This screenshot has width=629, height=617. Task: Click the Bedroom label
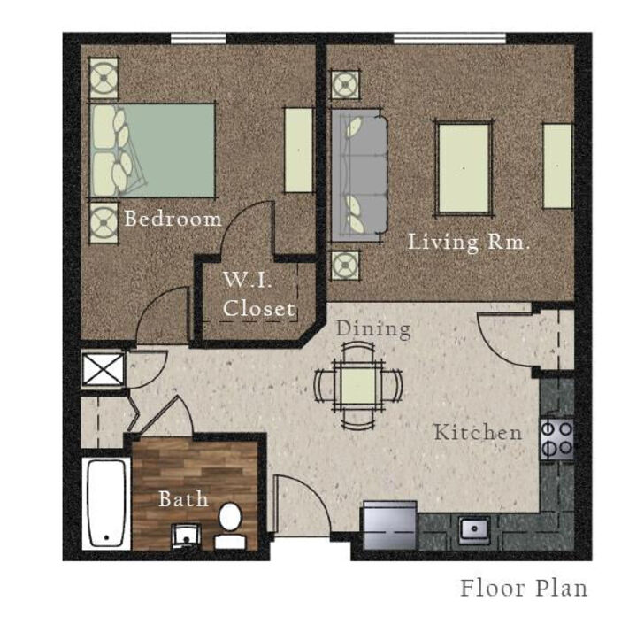coord(173,219)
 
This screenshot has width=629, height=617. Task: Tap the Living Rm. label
coord(469,242)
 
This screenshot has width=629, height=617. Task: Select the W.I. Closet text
coord(258,294)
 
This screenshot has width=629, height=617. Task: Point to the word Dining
coord(373,328)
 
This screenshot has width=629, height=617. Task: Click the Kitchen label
coord(479,432)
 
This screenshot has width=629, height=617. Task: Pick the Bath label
coord(183,499)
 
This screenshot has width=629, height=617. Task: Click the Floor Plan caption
coord(524,589)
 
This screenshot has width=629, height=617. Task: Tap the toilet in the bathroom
coord(230,526)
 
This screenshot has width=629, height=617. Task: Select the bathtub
coord(106,504)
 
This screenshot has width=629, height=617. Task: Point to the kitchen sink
coord(474,529)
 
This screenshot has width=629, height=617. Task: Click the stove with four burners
coord(556,440)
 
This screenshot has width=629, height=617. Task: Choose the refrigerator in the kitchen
coord(390,525)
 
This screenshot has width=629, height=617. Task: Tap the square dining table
coord(358,386)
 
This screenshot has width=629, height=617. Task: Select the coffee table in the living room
coord(464,168)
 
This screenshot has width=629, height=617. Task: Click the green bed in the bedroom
coord(152,150)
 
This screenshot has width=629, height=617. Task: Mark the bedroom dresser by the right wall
coord(298,150)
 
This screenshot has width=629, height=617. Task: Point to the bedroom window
coord(198,39)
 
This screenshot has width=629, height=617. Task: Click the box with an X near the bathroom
coord(104,370)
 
